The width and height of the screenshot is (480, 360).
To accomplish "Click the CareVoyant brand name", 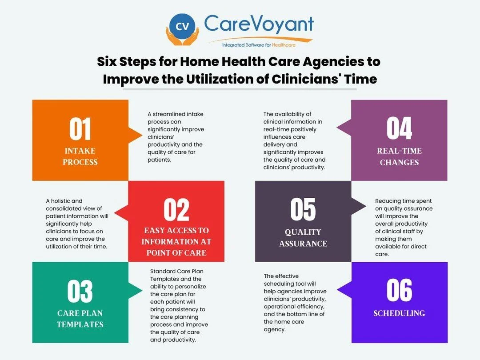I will [259, 24].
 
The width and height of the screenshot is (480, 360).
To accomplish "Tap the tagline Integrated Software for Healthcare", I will [259, 44].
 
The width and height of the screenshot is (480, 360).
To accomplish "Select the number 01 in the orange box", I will [80, 129].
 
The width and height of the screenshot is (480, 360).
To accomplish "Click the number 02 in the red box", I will [176, 210].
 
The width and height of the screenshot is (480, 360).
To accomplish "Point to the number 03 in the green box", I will [80, 292].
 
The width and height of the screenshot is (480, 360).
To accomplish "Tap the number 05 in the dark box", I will [303, 210].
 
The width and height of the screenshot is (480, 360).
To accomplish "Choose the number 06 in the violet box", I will [399, 291].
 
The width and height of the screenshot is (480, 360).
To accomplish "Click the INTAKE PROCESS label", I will [80, 156].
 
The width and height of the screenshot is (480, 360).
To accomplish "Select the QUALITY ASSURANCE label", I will [303, 238].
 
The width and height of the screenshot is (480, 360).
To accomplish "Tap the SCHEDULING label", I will [399, 313].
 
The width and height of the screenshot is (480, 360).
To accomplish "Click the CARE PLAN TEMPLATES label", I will [80, 319].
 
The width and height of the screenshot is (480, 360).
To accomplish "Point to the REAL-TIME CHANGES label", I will [399, 156].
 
